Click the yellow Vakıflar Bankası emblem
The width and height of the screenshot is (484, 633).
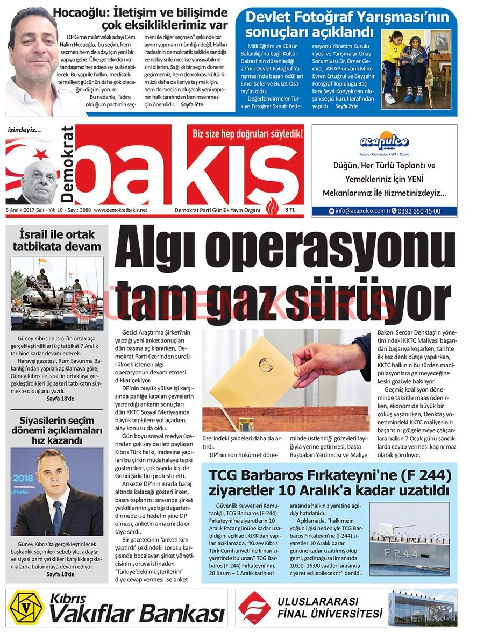[25, 608]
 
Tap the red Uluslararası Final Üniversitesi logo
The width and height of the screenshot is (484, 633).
[254, 608]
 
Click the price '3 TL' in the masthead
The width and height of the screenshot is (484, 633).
[289, 210]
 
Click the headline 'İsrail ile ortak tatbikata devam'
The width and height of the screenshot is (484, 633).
[56, 241]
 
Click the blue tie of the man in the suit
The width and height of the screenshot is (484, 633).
[57, 516]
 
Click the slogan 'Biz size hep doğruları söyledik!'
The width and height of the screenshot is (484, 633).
[247, 134]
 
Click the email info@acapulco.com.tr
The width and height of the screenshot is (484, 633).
[362, 211]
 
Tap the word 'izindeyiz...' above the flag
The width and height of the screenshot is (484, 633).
[24, 130]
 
